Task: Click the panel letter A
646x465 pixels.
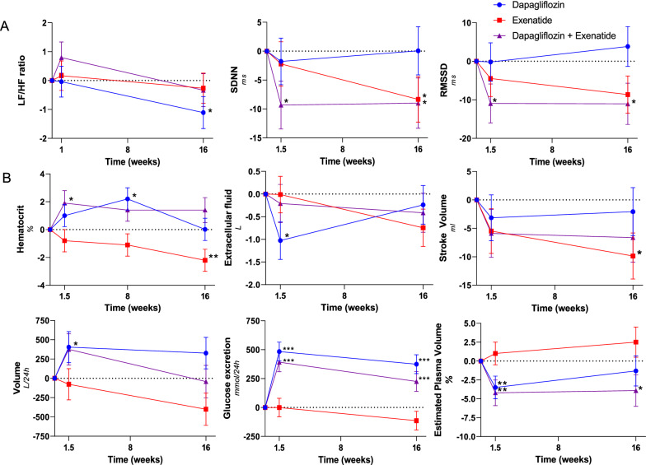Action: (x=7, y=27)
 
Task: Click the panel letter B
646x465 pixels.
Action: (x=7, y=175)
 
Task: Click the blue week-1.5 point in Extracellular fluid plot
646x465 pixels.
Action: (x=282, y=240)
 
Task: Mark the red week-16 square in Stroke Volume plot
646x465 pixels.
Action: (x=632, y=256)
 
